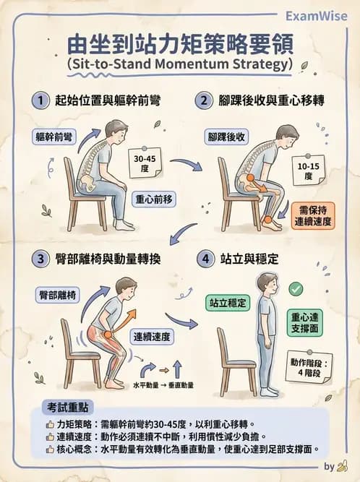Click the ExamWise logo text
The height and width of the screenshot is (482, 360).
(316, 16)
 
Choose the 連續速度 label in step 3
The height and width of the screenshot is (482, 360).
(153, 337)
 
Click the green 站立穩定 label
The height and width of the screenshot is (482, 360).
(226, 304)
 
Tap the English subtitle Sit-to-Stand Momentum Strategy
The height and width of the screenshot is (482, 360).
(180, 64)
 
